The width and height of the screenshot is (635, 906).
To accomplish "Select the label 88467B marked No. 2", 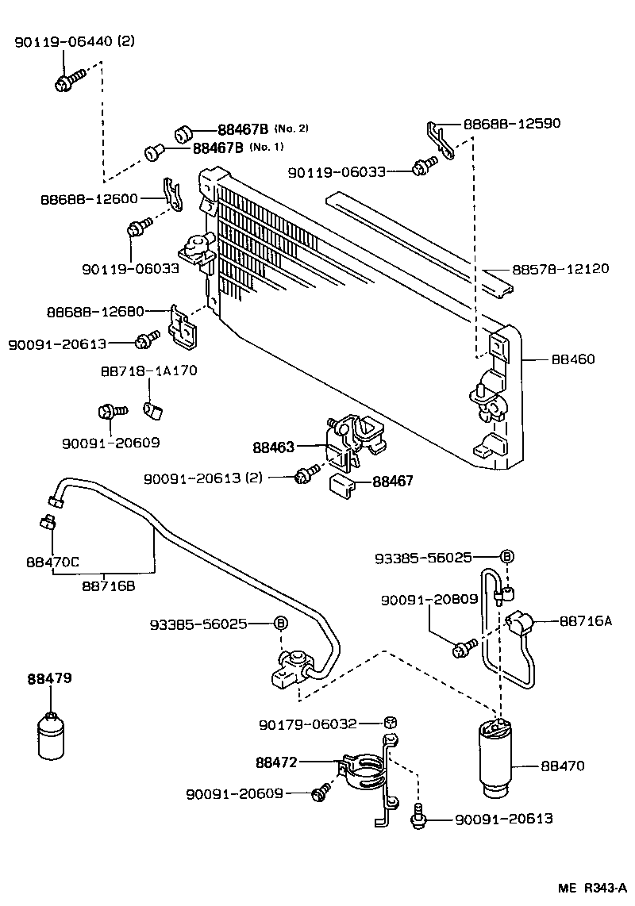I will pos(243,129).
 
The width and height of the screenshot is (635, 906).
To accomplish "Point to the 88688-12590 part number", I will pos(512,123).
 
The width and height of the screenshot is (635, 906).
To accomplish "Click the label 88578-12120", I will pos(560,269).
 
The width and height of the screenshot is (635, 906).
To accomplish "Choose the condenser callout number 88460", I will pos(573,359).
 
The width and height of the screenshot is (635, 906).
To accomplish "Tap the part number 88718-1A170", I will pos(148,370).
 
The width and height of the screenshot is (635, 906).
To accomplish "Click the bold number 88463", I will pos(273,447).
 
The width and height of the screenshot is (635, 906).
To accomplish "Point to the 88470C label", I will pos(52,562).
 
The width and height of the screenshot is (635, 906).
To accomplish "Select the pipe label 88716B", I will pos(108,585).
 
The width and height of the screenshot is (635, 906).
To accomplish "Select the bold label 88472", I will pos(276,763).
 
